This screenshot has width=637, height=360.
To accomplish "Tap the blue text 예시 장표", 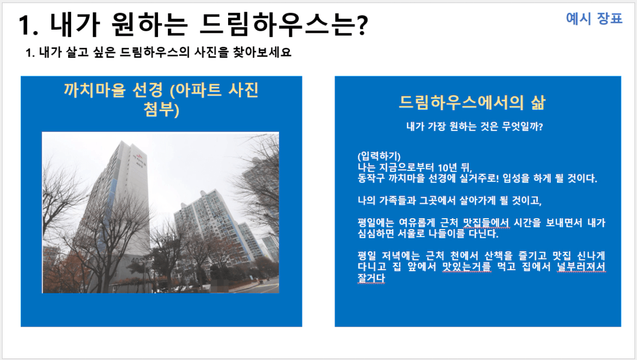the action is coord(594,19).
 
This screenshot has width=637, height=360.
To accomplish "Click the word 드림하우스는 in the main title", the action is coord(277,25).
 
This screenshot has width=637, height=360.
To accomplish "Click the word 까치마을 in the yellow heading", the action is coord(95,90).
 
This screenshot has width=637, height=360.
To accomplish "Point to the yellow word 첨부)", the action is coord(161,110).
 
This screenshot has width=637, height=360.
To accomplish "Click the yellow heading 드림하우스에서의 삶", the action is coord(472,102).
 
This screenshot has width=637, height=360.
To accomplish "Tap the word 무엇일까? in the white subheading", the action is coord(522,127).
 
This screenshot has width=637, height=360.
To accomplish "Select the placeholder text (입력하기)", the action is coord(379,156).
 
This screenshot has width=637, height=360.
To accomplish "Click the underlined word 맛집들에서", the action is coord(486,223).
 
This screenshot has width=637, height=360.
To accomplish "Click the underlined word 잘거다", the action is coord(371,278).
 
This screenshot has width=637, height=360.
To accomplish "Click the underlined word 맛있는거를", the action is coord(467,266).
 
